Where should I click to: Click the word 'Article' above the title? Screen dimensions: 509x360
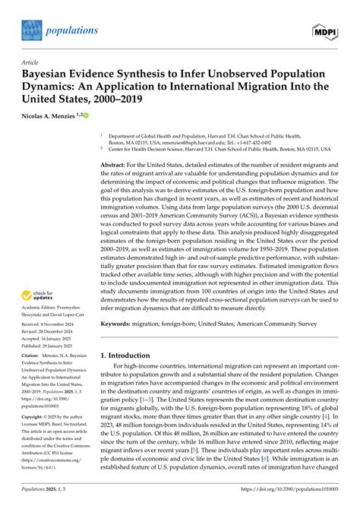click(27, 66)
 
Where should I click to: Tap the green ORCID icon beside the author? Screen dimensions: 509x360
click(85, 115)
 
